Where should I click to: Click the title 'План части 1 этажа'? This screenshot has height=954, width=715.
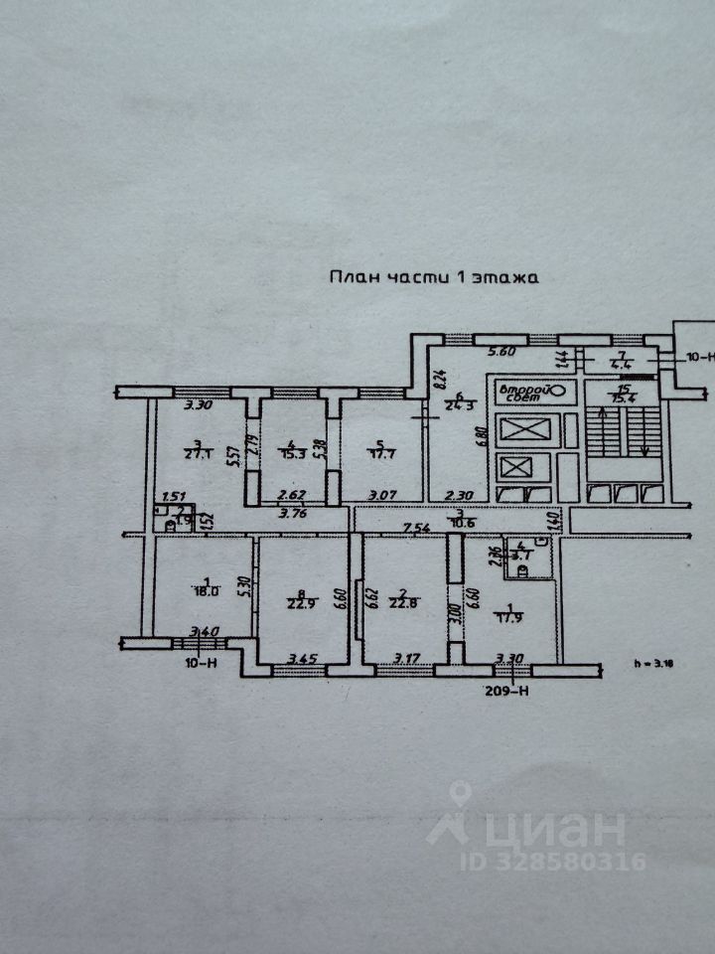[x=433, y=278]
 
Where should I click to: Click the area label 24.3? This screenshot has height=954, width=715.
[x=459, y=404]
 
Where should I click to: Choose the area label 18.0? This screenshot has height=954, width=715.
[x=205, y=589]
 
